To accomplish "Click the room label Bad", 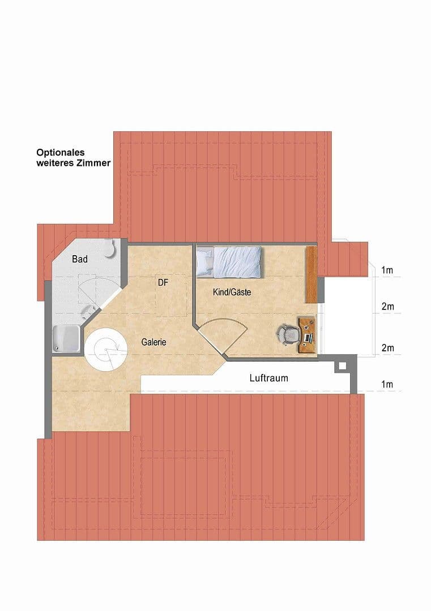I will click(x=80, y=259).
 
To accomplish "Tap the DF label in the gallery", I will click(x=164, y=282).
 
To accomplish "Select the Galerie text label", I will click(x=153, y=342).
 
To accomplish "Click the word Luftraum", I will click(x=268, y=378).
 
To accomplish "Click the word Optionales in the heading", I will click(x=61, y=152).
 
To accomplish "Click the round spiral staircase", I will click(x=106, y=350).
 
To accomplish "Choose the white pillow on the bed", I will click(x=204, y=261).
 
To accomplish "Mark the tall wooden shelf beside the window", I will click(x=310, y=274).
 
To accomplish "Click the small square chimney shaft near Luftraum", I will click(x=342, y=366).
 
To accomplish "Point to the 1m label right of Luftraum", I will click(x=387, y=385).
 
